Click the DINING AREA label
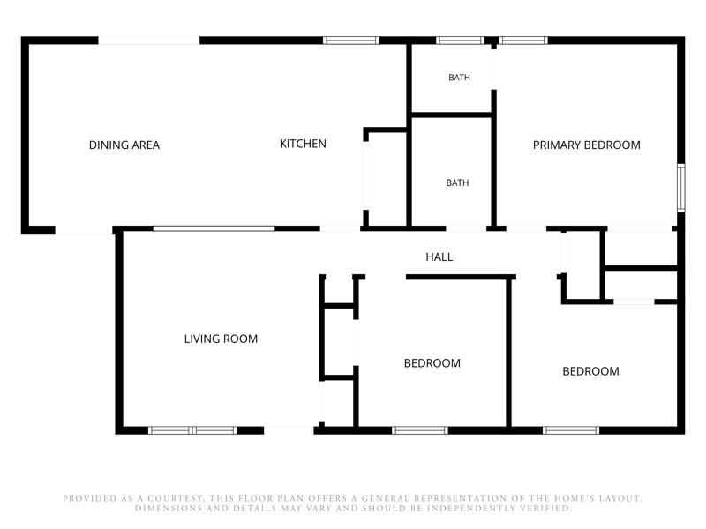pyautogui.click(x=124, y=145)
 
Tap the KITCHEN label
pyautogui.click(x=303, y=144)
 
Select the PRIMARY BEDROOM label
pyautogui.click(x=586, y=145)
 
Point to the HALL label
pyautogui.click(x=439, y=257)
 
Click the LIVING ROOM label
pyautogui.click(x=221, y=339)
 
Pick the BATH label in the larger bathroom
pyautogui.click(x=457, y=183)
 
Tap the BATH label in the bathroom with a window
pyautogui.click(x=459, y=78)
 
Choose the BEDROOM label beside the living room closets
pyautogui.click(x=432, y=363)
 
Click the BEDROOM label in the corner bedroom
pyautogui.click(x=590, y=371)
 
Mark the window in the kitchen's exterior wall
pyautogui.click(x=350, y=41)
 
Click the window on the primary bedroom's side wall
pyautogui.click(x=681, y=188)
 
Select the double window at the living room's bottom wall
pyautogui.click(x=192, y=430)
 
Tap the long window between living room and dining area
pyautogui.click(x=214, y=228)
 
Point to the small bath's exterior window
pyautogui.click(x=460, y=41)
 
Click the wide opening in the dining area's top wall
pyautogui.click(x=149, y=41)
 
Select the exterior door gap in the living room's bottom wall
pyautogui.click(x=289, y=430)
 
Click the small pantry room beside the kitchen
pyautogui.click(x=386, y=179)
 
